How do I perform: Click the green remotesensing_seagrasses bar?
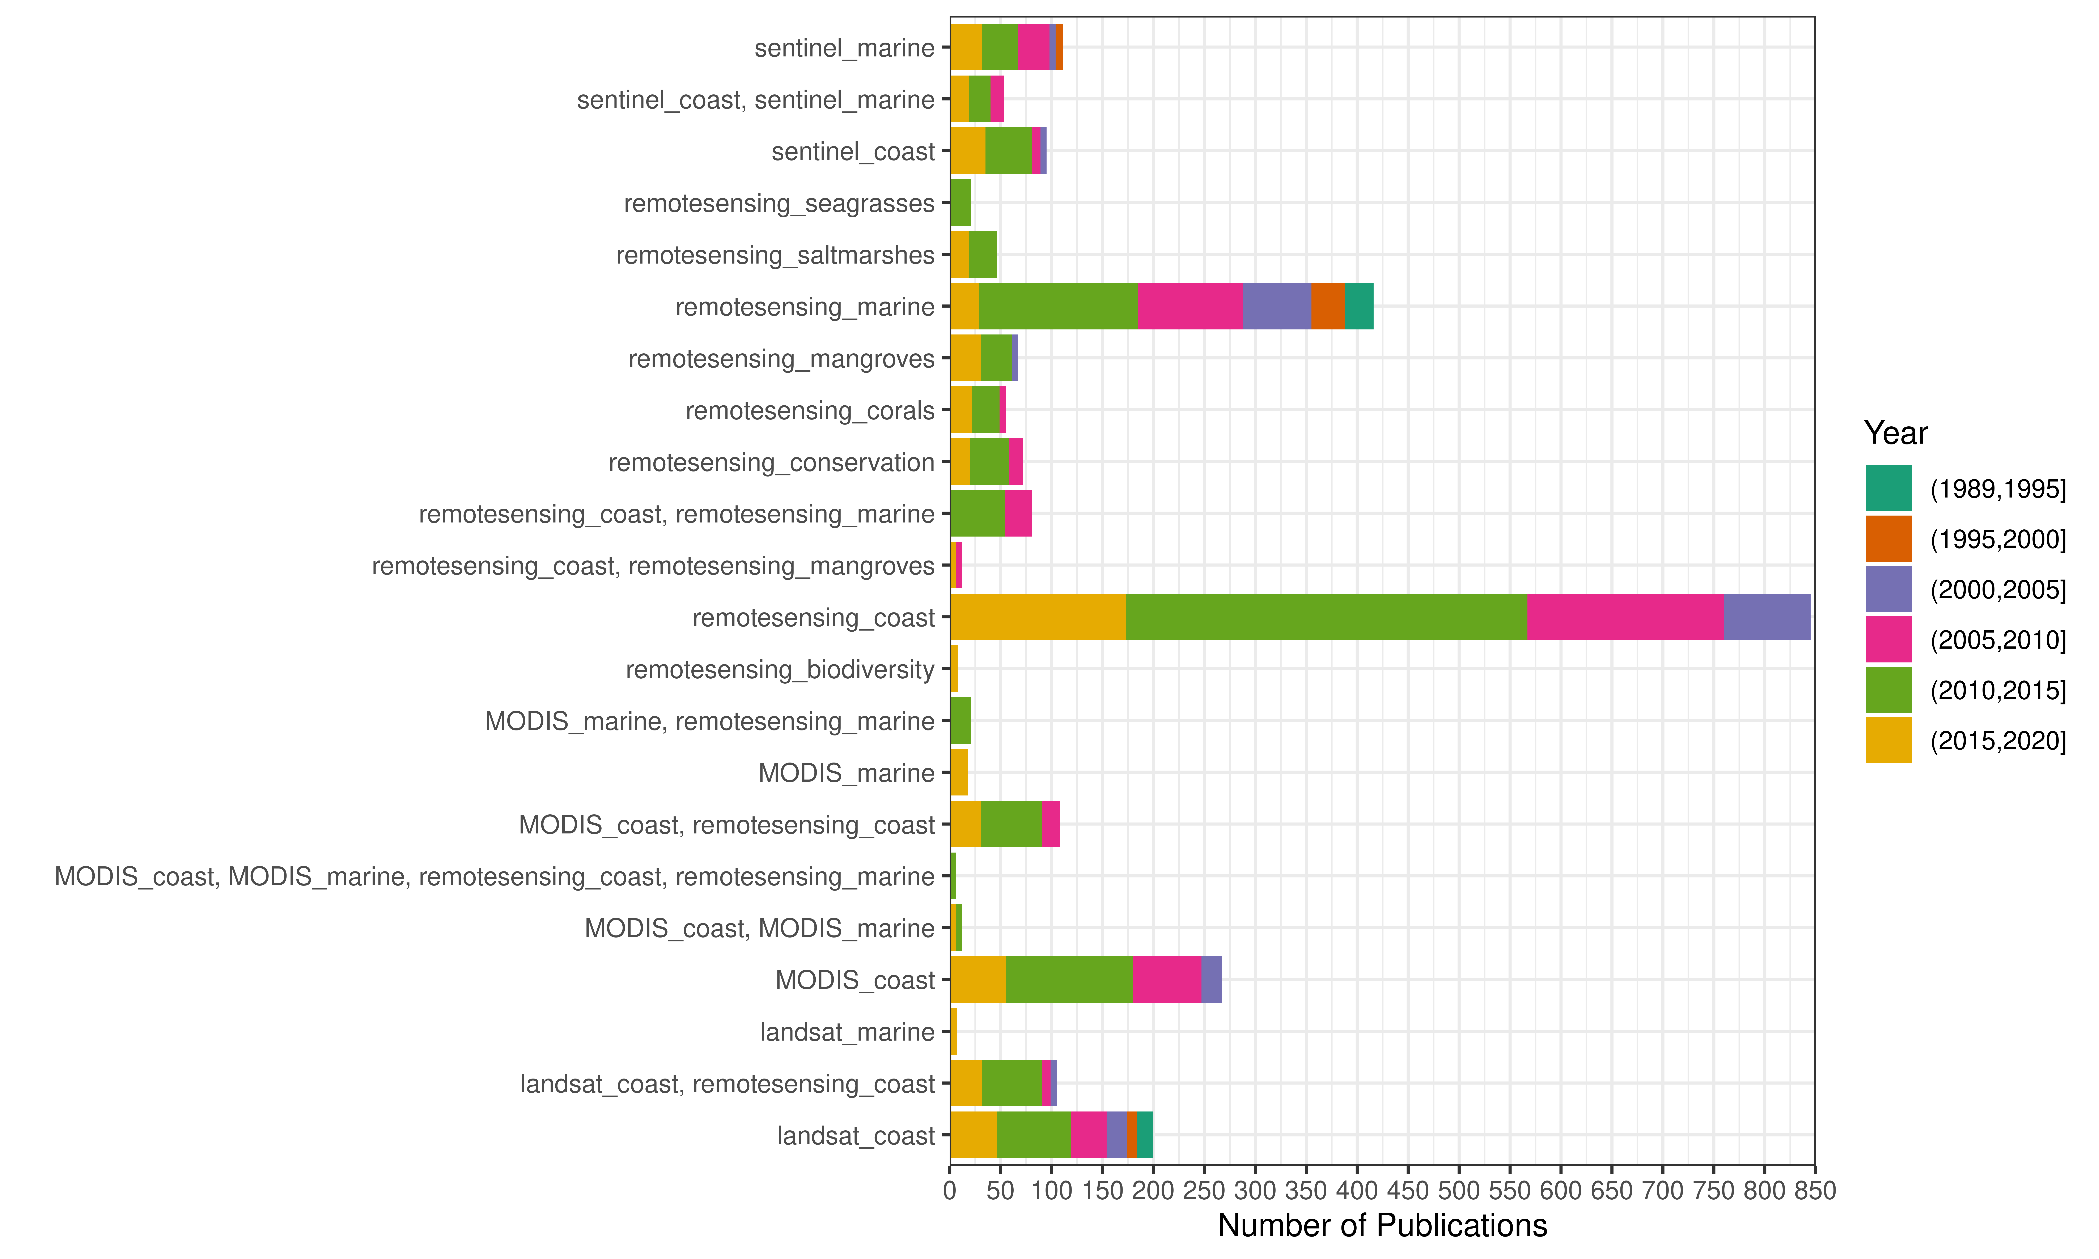[961, 203]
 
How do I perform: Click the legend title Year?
[1895, 434]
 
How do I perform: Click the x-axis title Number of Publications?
[1382, 1226]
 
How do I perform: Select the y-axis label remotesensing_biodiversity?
[780, 669]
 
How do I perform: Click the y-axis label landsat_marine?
[847, 1032]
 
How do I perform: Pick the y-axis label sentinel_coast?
[853, 152]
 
